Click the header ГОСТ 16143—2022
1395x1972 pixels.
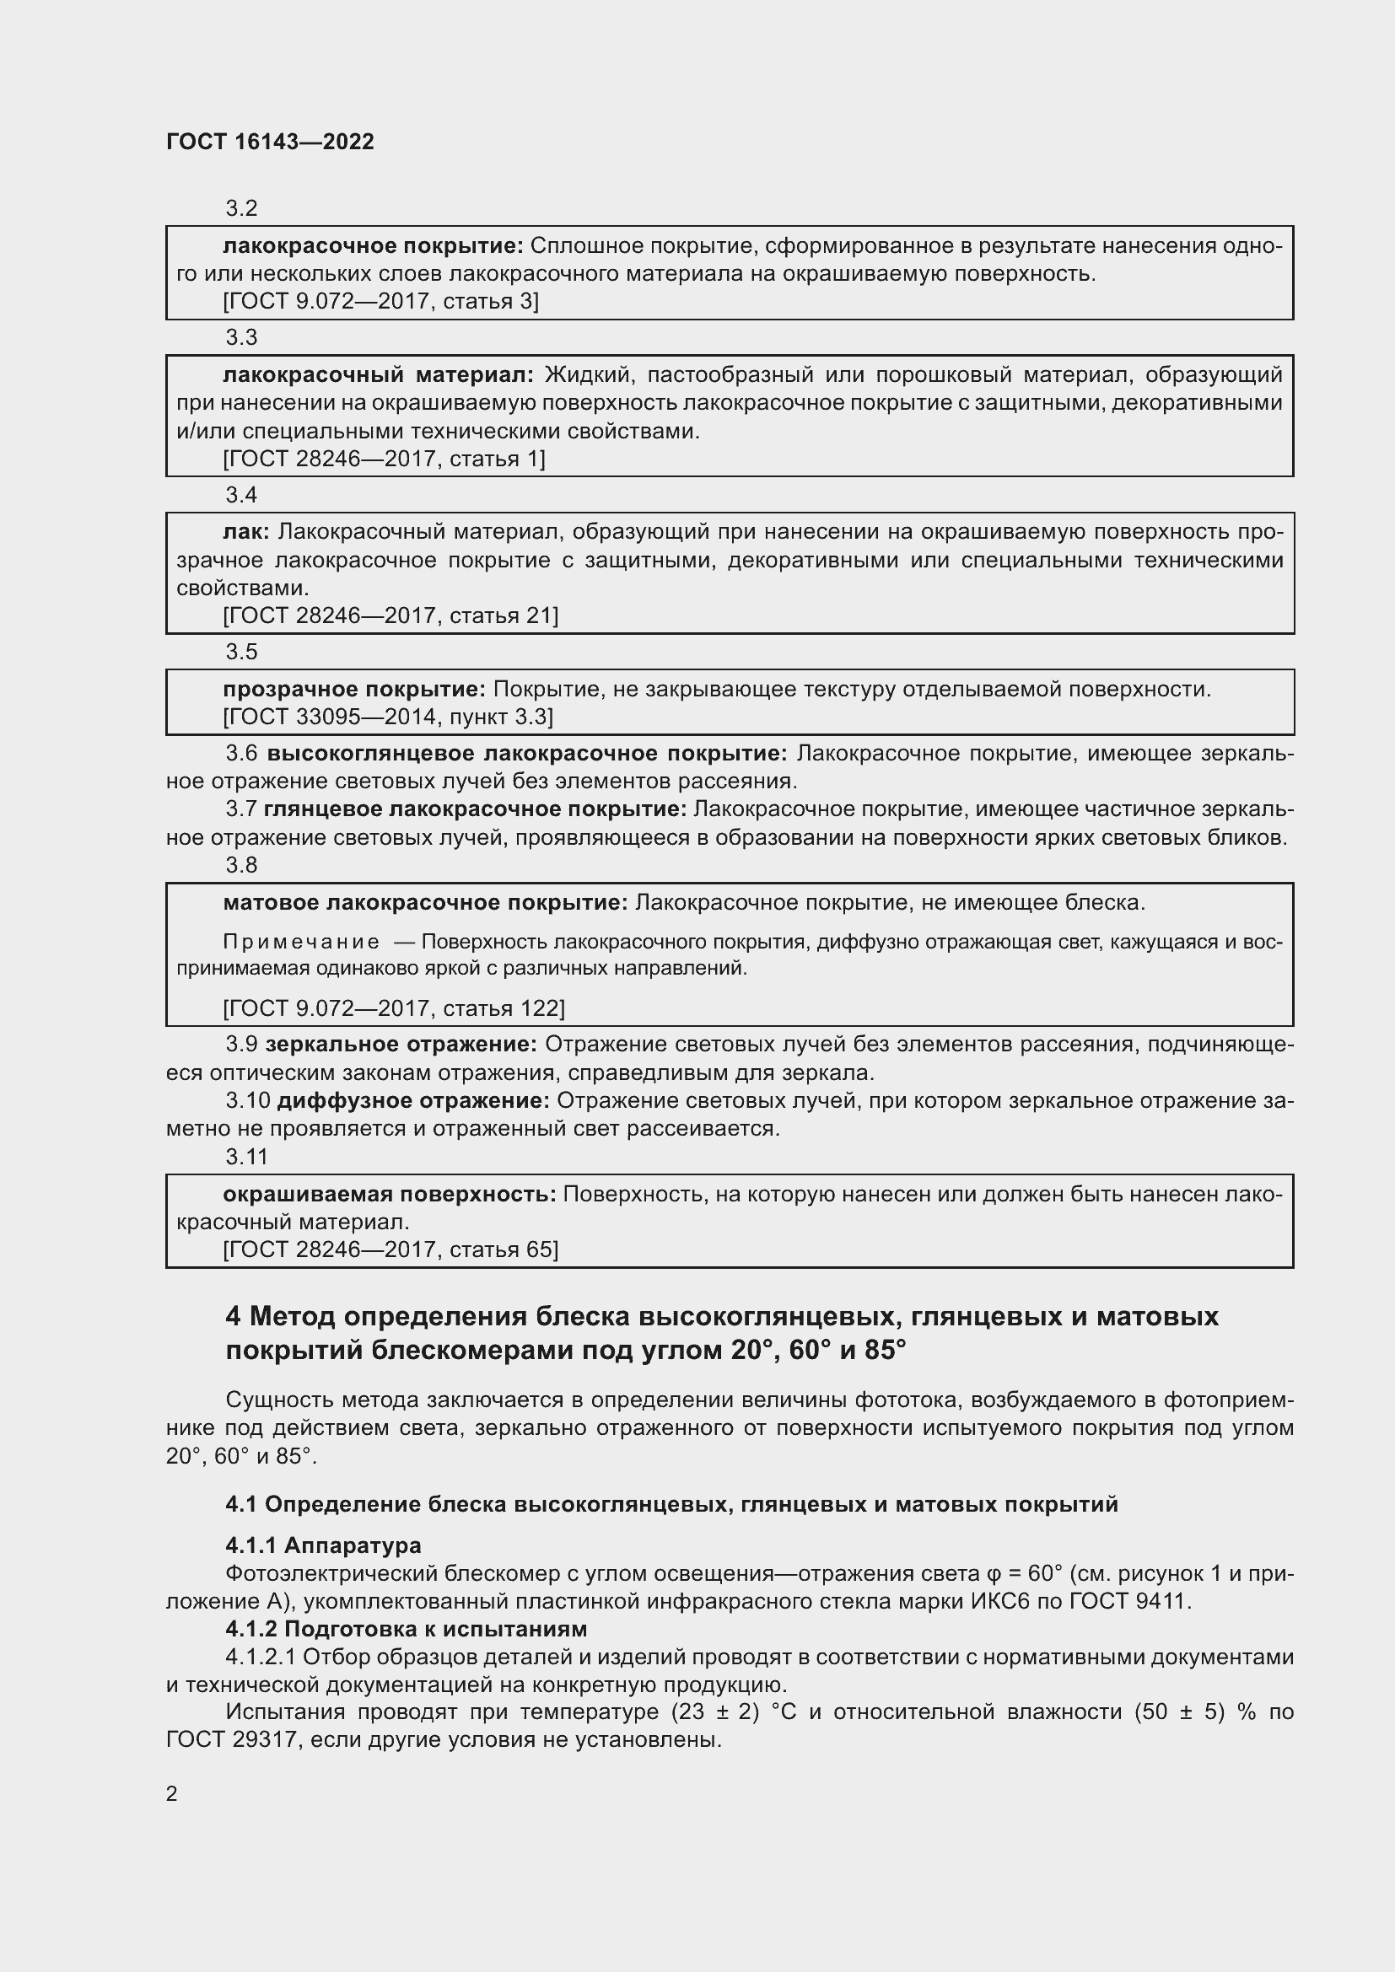(x=270, y=142)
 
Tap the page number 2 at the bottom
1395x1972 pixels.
(x=172, y=1794)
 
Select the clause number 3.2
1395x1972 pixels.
(x=241, y=208)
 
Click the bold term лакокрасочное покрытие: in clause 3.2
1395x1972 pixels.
(x=373, y=246)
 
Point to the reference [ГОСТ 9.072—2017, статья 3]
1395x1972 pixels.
(x=380, y=302)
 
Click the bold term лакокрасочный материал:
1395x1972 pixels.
(x=378, y=375)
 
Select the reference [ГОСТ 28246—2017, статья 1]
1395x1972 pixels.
(x=384, y=459)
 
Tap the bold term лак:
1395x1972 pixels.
(x=245, y=533)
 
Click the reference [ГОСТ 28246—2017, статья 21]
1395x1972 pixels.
(x=390, y=615)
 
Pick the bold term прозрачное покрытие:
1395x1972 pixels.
(x=354, y=690)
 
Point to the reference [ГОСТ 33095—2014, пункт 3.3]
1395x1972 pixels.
(x=387, y=717)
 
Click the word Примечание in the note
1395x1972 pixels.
(x=301, y=943)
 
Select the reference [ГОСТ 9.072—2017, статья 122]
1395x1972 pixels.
(x=393, y=1008)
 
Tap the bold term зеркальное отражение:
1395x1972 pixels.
(x=401, y=1045)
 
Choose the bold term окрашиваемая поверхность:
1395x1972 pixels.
(x=389, y=1195)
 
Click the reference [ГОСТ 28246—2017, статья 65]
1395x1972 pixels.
(x=390, y=1249)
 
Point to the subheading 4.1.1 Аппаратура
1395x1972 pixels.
(x=323, y=1546)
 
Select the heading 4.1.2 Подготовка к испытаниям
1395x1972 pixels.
(x=407, y=1630)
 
